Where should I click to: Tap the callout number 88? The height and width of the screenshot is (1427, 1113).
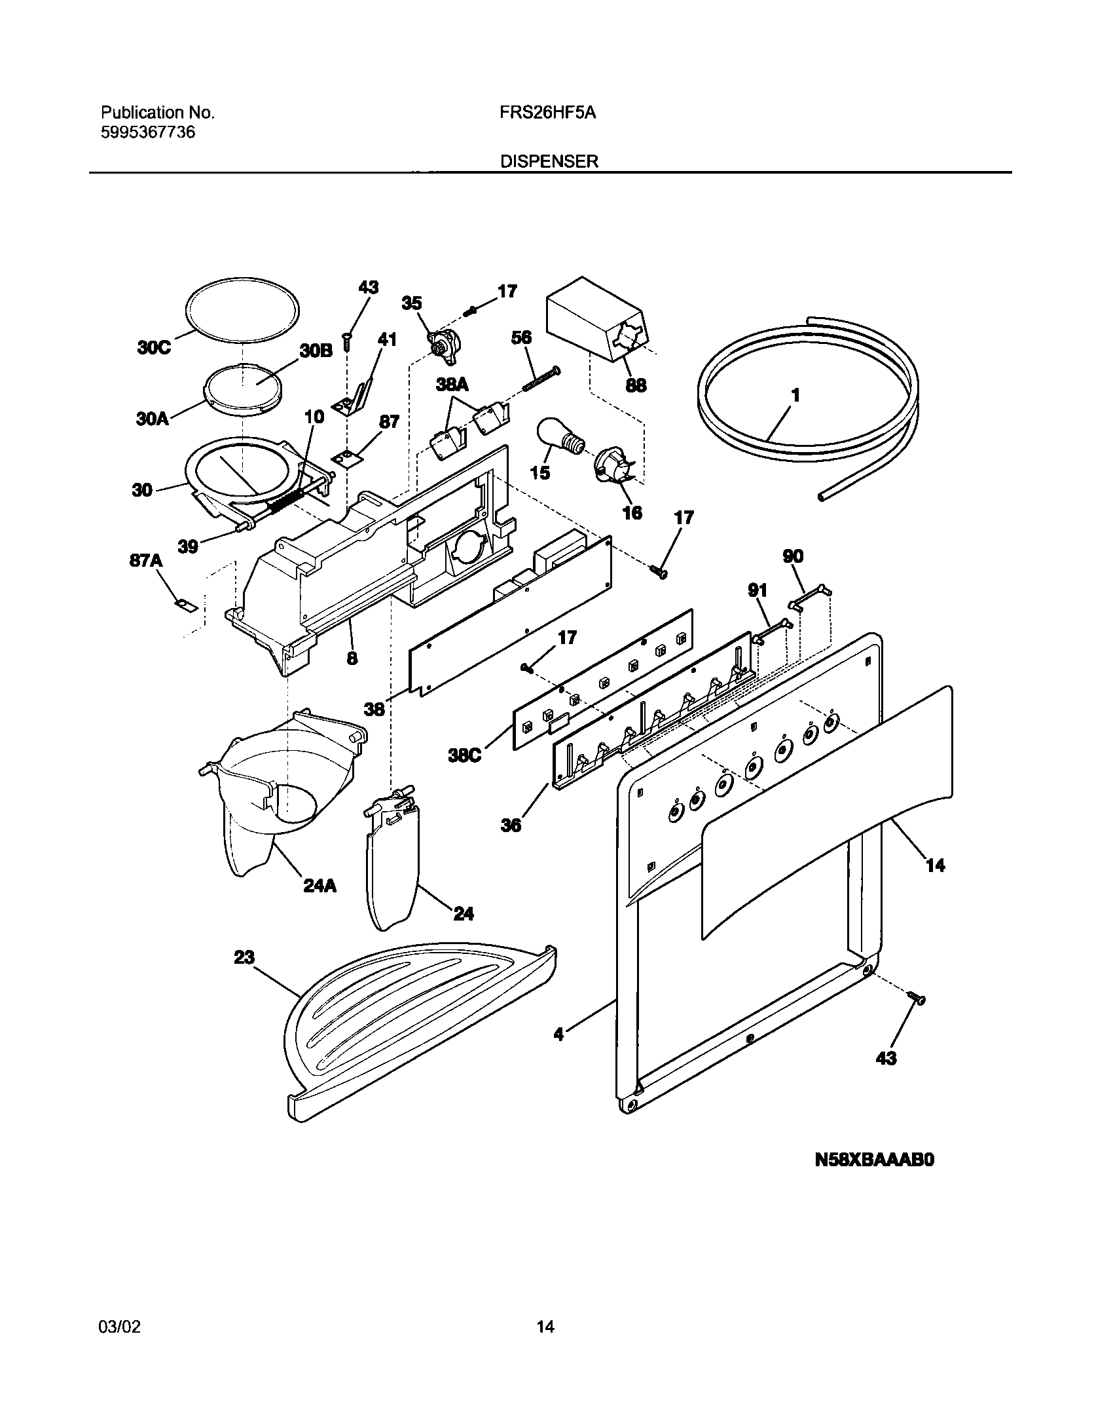point(636,385)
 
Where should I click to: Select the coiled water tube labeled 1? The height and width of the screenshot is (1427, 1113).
point(809,387)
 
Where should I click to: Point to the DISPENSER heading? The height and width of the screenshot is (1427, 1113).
point(549,161)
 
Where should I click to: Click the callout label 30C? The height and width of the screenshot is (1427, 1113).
point(155,347)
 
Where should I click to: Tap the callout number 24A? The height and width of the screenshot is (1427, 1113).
point(319,886)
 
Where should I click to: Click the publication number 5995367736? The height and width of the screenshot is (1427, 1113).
point(148,132)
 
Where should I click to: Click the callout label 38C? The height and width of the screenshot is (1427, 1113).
point(465,755)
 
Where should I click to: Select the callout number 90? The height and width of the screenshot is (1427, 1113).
point(793,557)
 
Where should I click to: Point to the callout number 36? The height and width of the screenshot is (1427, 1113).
point(511,825)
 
